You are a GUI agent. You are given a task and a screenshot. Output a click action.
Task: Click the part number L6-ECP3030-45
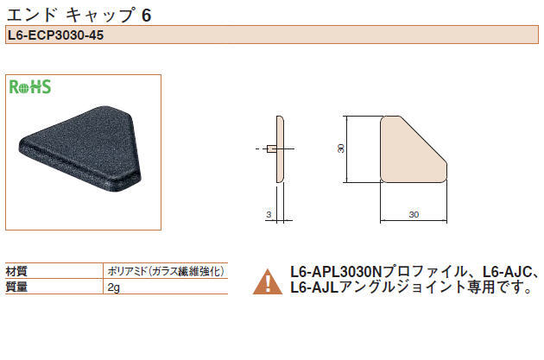click(x=55, y=35)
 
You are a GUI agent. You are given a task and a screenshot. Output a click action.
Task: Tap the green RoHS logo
click(x=30, y=86)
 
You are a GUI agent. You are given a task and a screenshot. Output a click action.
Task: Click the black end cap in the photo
click(x=80, y=149)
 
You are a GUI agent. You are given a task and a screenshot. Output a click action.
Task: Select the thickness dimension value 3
click(x=269, y=215)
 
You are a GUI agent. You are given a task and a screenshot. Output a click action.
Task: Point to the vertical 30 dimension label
click(x=341, y=148)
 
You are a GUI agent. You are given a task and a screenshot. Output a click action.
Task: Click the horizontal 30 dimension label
click(x=414, y=215)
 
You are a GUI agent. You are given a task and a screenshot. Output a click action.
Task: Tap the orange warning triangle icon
click(x=268, y=281)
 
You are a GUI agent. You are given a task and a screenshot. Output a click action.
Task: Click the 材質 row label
click(x=16, y=271)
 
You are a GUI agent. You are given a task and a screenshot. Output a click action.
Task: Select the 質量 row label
click(x=16, y=287)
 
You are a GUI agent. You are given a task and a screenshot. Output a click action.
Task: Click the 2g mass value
click(x=113, y=287)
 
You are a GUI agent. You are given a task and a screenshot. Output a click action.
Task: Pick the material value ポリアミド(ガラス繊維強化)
click(x=166, y=271)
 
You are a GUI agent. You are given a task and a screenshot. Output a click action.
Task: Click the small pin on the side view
click(x=271, y=149)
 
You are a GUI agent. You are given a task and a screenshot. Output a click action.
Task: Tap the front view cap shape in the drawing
click(x=414, y=149)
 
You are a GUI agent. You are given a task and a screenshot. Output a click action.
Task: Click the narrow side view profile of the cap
click(x=280, y=149)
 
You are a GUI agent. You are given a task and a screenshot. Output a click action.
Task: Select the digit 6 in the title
click(x=147, y=16)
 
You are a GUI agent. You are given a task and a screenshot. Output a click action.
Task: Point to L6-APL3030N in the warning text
click(x=336, y=272)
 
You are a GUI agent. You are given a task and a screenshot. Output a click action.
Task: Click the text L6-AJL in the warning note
click(x=314, y=287)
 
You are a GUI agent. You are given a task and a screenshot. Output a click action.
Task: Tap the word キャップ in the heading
click(x=100, y=16)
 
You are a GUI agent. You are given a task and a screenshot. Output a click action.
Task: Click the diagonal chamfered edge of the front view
click(x=423, y=140)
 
